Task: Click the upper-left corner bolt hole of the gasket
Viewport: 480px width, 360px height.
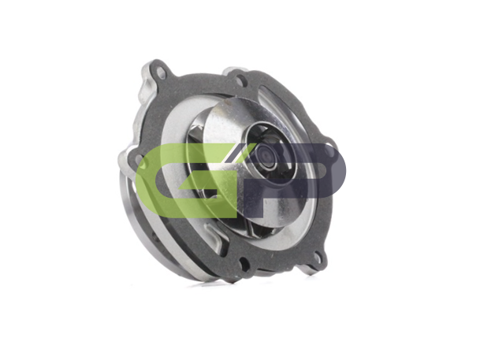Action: click(160, 73)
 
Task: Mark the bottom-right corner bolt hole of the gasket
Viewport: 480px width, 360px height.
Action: click(318, 259)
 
